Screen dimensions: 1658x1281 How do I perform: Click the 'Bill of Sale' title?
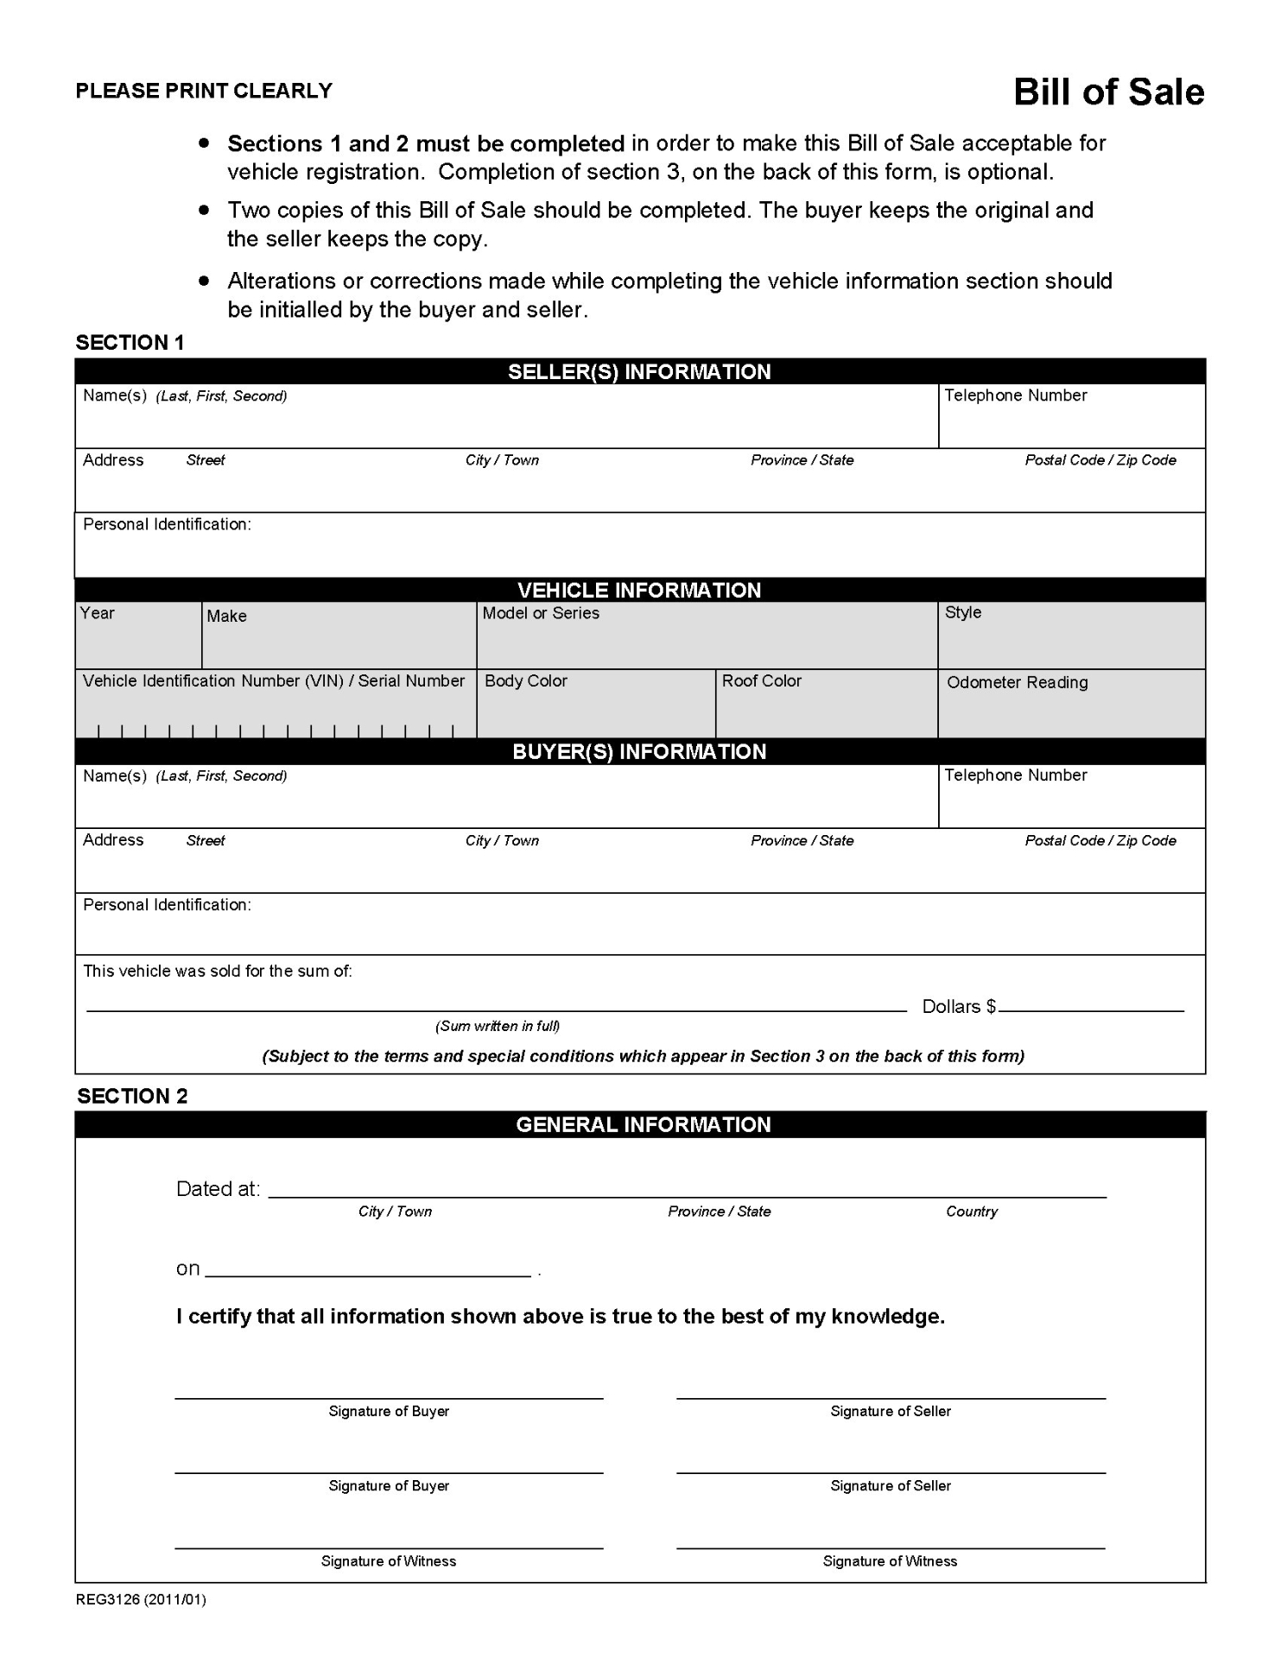point(1108,92)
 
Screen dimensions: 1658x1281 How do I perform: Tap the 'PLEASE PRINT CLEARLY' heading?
point(204,91)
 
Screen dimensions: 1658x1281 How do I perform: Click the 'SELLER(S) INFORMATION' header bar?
point(639,372)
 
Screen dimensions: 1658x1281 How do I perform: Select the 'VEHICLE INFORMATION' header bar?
point(639,591)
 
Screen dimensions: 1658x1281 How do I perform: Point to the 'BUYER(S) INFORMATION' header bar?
point(639,751)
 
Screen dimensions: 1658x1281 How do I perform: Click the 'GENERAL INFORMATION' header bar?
point(643,1124)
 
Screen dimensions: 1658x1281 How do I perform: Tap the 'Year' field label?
point(98,613)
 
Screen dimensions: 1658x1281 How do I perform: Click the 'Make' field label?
point(226,616)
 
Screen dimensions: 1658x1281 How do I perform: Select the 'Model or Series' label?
point(541,613)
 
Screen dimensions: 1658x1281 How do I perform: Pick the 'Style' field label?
point(963,612)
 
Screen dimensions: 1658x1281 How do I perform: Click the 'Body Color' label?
point(526,680)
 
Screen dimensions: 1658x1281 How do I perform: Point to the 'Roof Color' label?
point(762,680)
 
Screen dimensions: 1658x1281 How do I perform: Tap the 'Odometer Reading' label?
point(1018,682)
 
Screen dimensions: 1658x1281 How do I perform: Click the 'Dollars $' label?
point(959,1006)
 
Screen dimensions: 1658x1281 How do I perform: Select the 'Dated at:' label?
point(218,1189)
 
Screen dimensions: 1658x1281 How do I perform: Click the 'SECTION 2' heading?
point(132,1096)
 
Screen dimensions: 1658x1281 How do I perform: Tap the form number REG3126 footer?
point(141,1599)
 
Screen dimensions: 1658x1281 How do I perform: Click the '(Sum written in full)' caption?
point(498,1026)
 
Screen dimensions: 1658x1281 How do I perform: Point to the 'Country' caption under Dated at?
point(972,1212)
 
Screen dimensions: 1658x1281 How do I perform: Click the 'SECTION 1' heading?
point(130,343)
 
